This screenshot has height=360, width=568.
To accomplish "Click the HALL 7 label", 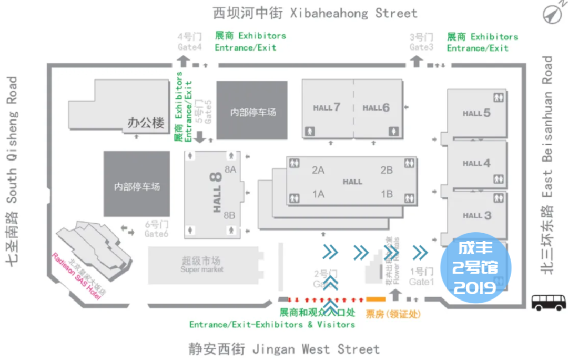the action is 327,108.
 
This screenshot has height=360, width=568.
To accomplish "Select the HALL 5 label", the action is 476,113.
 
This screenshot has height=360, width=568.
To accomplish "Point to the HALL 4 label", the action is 476,163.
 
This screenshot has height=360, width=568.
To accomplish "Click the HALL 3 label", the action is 476,215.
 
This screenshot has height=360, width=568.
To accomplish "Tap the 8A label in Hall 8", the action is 230,169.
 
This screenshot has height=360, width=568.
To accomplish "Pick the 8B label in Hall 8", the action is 230,215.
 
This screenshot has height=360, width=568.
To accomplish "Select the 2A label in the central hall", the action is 318,170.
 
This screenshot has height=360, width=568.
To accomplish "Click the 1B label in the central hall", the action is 387,194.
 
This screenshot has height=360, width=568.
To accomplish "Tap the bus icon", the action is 549,302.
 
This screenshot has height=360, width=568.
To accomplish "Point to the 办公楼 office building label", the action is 146,123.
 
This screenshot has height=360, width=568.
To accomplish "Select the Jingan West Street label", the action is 284,349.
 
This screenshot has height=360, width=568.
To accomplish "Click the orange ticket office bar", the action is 376,300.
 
